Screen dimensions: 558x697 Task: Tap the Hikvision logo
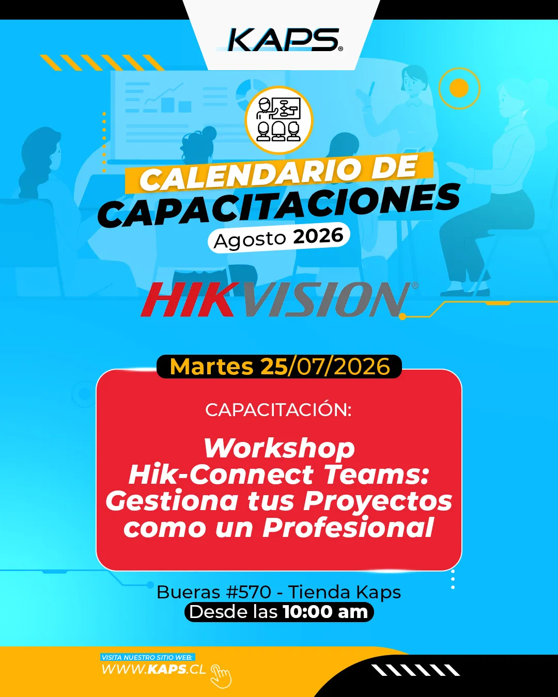point(280,299)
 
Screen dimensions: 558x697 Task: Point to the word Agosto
point(250,240)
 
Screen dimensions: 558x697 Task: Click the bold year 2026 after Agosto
point(318,235)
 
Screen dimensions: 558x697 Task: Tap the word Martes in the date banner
point(211,367)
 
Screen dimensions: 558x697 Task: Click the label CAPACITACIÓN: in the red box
point(278,410)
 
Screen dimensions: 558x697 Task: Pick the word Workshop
point(279,449)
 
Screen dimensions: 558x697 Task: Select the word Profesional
point(348,528)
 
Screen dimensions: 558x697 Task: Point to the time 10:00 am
point(326,612)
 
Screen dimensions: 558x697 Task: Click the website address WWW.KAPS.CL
point(153,669)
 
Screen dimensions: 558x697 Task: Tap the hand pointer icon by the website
point(221,676)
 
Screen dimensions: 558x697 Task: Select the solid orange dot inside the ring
point(459,88)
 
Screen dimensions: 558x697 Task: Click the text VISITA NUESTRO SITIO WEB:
point(148,657)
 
